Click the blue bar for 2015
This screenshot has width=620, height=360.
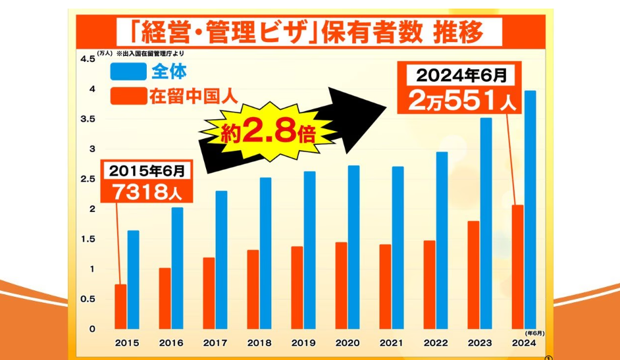pyautogui.click(x=133, y=279)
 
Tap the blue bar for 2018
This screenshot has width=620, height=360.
pyautogui.click(x=265, y=253)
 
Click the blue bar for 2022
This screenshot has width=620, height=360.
pyautogui.click(x=442, y=240)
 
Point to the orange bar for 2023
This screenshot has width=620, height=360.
pyautogui.click(x=473, y=274)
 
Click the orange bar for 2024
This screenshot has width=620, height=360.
pyautogui.click(x=517, y=267)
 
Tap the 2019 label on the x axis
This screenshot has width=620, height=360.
pyautogui.click(x=303, y=342)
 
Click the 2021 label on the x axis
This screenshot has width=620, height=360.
pyautogui.click(x=392, y=342)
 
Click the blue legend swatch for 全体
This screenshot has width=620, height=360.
pyautogui.click(x=128, y=71)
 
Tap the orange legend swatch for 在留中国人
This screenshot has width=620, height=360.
pyautogui.click(x=128, y=97)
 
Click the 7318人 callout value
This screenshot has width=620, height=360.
pyautogui.click(x=145, y=193)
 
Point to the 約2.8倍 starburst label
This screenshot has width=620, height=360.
pyautogui.click(x=267, y=132)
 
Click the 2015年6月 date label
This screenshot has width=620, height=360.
pyautogui.click(x=146, y=171)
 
